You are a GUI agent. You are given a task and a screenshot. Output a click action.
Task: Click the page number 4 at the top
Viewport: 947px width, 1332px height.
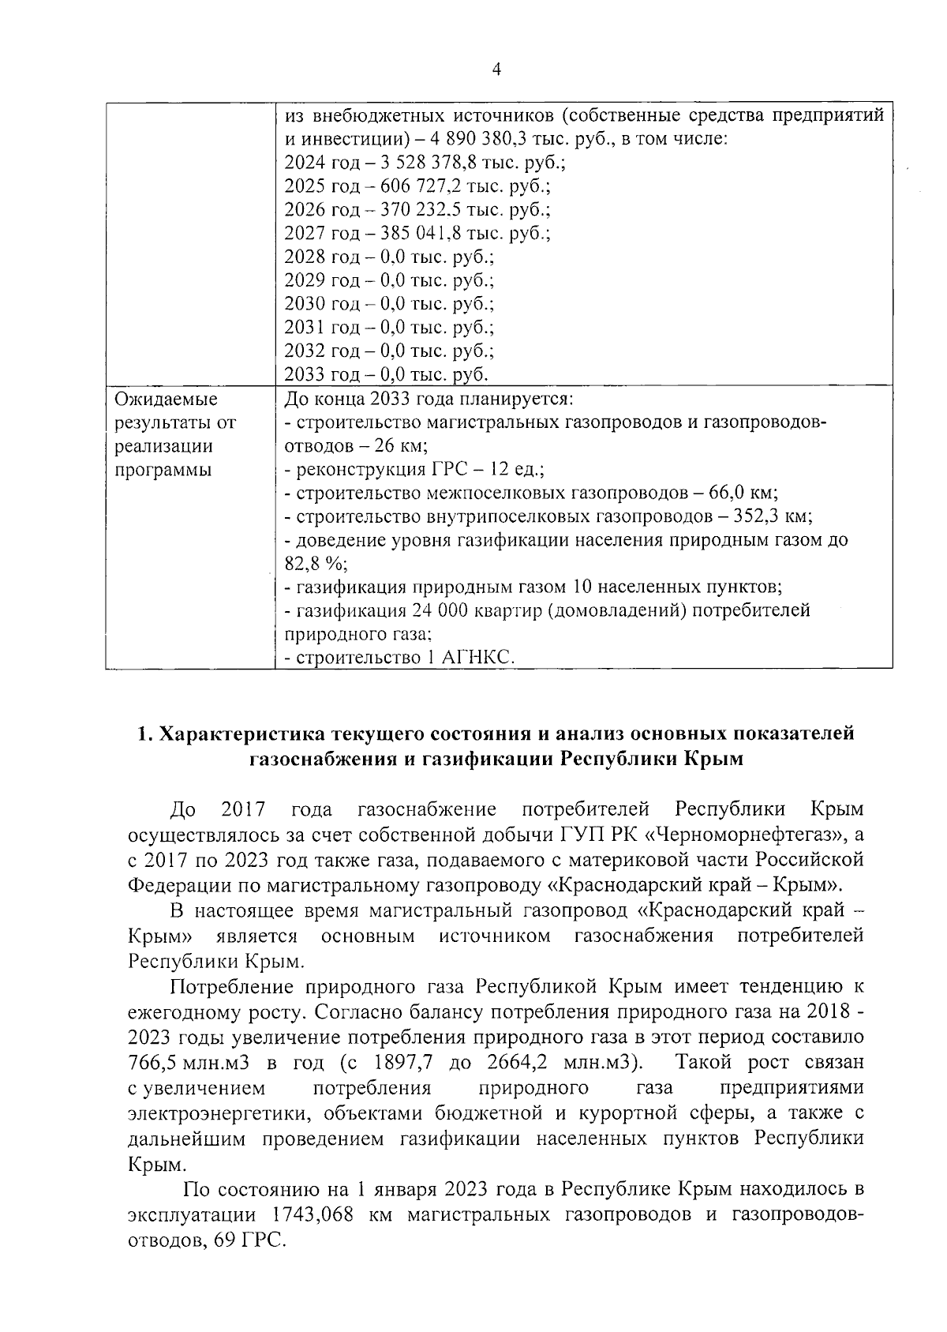[496, 69]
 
